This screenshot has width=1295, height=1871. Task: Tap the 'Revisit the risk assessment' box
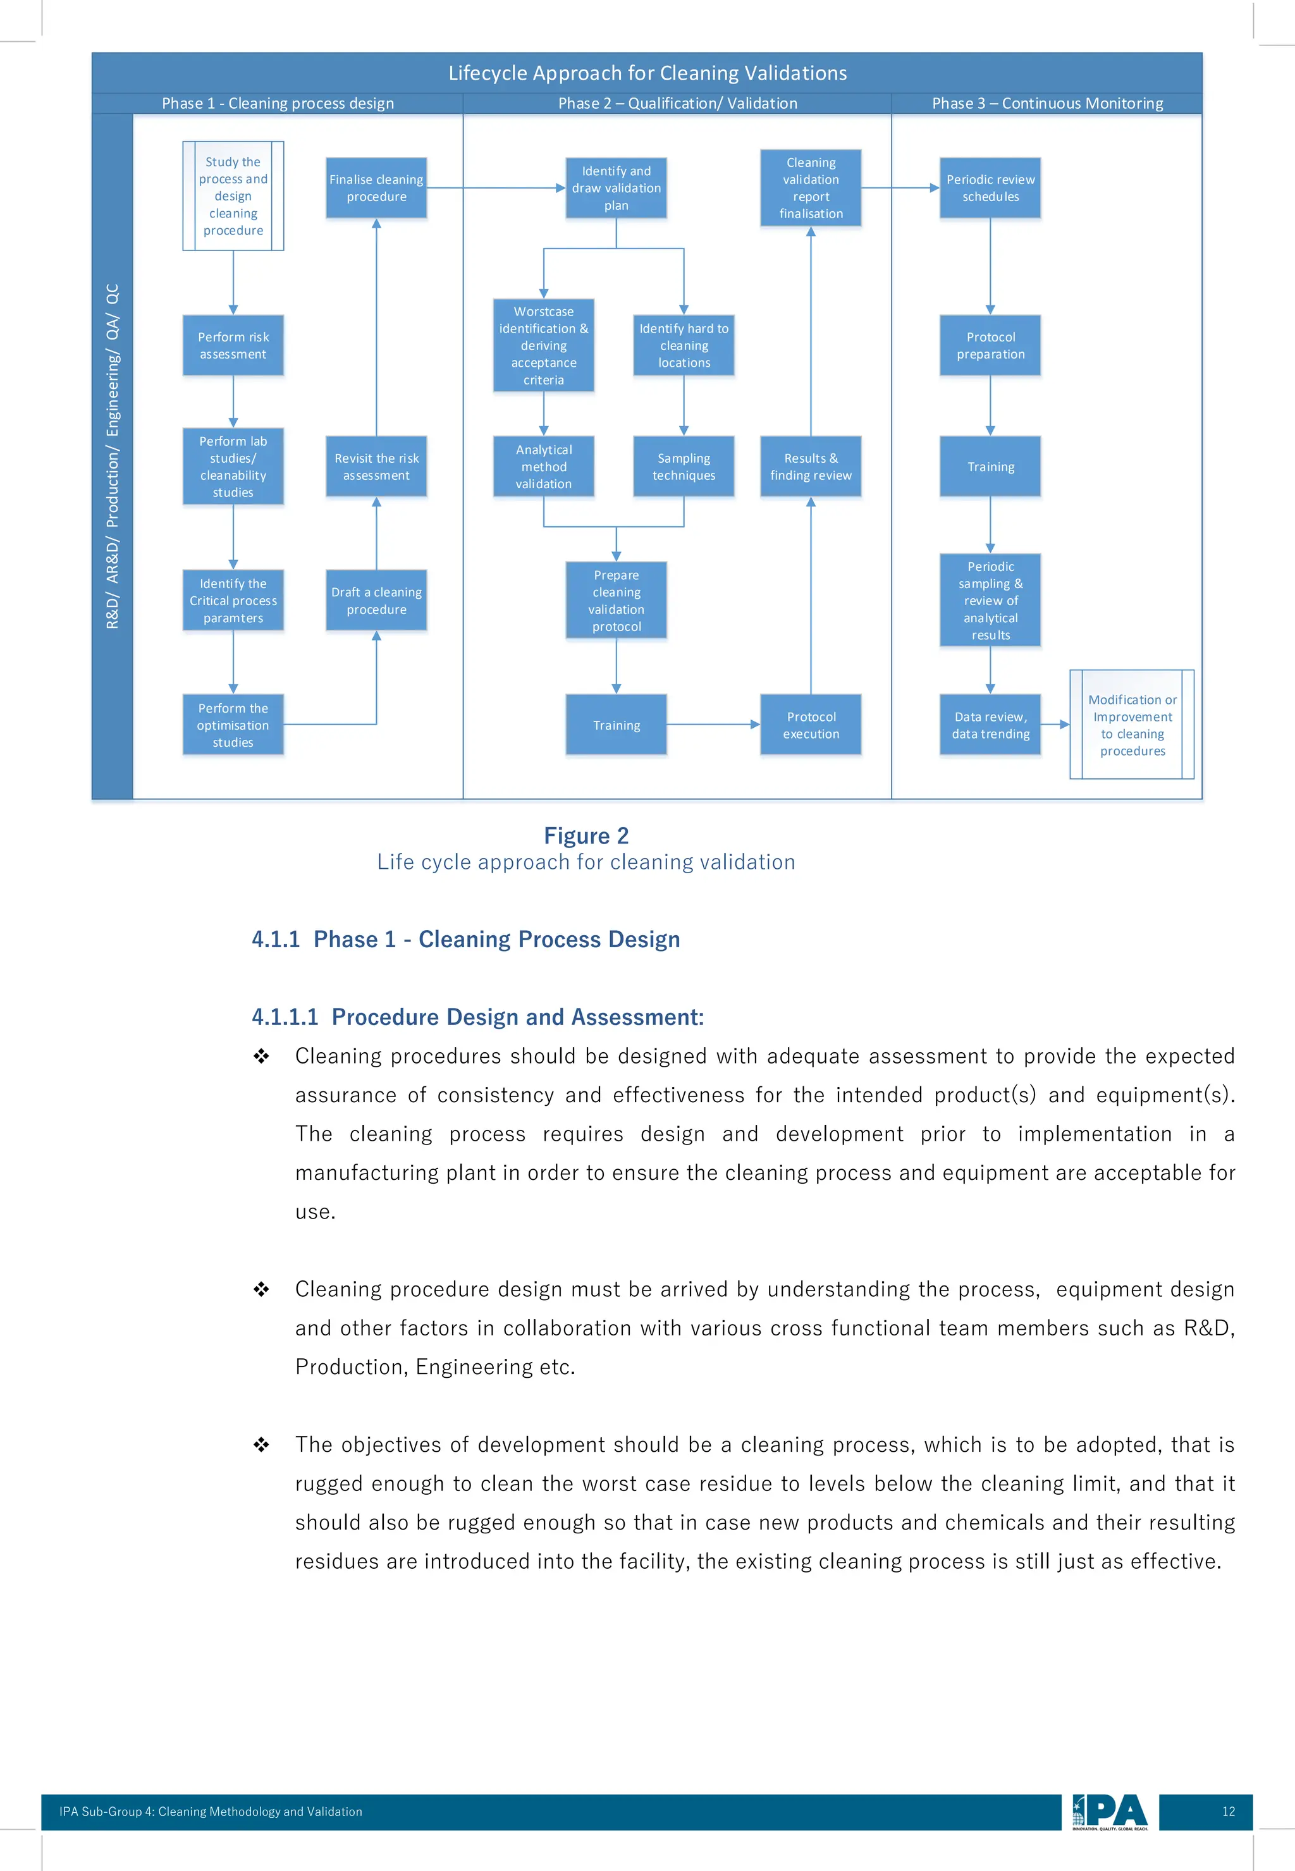point(376,467)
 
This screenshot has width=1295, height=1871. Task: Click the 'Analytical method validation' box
point(544,467)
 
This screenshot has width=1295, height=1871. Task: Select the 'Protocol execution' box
point(811,725)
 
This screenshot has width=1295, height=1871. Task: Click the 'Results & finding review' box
point(811,467)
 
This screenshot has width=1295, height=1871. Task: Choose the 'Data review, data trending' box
point(990,725)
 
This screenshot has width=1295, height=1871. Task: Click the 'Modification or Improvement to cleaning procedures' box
point(1132,725)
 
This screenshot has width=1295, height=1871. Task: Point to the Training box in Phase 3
point(990,467)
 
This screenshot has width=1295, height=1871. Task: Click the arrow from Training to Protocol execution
point(713,725)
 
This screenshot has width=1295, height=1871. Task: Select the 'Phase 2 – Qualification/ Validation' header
point(677,103)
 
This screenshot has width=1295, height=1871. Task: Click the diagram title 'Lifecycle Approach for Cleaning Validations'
point(647,73)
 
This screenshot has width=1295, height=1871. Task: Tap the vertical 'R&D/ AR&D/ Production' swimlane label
point(112,456)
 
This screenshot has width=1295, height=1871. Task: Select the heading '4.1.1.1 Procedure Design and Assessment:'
point(477,1017)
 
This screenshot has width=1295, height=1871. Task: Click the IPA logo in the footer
point(1109,1812)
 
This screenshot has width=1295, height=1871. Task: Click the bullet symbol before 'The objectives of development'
point(261,1444)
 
